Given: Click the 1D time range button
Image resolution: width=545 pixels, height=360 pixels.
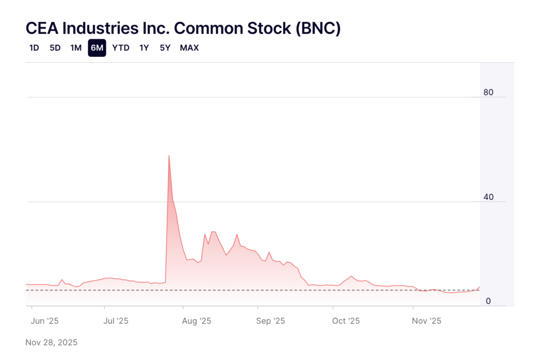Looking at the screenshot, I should [x=34, y=48].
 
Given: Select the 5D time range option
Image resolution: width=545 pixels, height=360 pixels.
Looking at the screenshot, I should [x=55, y=48].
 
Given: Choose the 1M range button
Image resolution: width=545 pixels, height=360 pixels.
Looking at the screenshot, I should [x=76, y=48].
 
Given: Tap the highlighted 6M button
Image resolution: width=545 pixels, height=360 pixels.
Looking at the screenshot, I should [x=97, y=48].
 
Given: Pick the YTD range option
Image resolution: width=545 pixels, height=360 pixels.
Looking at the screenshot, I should [x=121, y=48].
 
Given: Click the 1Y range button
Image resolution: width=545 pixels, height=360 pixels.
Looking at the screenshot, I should [x=144, y=48].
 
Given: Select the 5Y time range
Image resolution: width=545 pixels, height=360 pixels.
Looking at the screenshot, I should [x=165, y=48].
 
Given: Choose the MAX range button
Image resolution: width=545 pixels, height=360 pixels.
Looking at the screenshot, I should [x=189, y=48].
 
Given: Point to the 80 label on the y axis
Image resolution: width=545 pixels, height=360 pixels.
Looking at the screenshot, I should [x=488, y=93].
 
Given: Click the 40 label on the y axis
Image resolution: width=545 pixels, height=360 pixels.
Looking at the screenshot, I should [x=488, y=197].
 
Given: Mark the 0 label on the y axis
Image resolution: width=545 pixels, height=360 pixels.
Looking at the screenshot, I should [x=488, y=302].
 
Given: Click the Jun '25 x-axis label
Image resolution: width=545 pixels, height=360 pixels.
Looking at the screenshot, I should [x=45, y=321].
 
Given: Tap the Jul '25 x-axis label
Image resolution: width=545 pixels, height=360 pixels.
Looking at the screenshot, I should [x=115, y=321].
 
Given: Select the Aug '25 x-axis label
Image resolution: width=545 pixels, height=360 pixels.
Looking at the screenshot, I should [x=197, y=321].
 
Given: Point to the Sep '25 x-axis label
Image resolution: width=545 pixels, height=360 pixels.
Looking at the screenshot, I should [x=271, y=321].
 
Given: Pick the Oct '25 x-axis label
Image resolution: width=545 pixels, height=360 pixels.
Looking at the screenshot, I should [x=346, y=321].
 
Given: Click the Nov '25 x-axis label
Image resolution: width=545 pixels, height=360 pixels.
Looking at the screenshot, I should [x=427, y=321].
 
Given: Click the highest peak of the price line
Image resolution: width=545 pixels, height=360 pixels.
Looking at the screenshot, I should [x=169, y=155].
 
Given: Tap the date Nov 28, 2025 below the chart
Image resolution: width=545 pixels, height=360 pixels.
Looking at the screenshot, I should [x=52, y=342].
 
